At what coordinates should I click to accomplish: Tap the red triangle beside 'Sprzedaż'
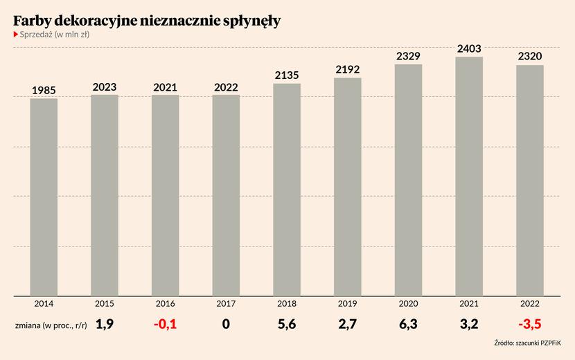[x=16, y=35]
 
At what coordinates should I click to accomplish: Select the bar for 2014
[x=44, y=197]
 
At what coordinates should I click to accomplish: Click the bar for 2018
[x=287, y=190]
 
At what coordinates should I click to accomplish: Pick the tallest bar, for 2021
[x=469, y=177]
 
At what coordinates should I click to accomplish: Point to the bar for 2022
[x=530, y=181]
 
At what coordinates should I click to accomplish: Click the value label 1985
[x=44, y=91]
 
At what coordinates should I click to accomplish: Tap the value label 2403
[x=469, y=48]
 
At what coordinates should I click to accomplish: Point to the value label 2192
[x=347, y=70]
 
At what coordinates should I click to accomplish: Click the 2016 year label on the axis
[x=165, y=304]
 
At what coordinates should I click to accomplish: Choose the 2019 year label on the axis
[x=347, y=304]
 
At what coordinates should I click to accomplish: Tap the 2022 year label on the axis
[x=530, y=304]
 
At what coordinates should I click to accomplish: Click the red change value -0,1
[x=165, y=324]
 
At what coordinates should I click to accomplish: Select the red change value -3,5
[x=529, y=324]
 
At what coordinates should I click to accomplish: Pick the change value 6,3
[x=408, y=324]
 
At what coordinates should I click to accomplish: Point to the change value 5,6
[x=287, y=324]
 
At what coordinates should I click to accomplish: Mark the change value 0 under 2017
[x=226, y=324]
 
